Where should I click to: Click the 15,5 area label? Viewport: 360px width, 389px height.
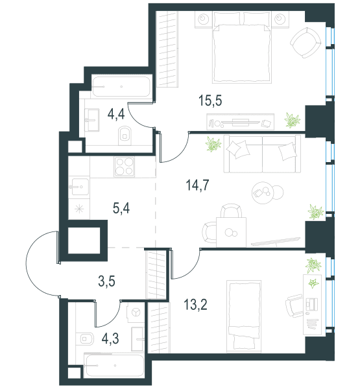210,101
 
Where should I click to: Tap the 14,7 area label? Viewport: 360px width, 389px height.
197,185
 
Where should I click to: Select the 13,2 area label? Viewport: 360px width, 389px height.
195,305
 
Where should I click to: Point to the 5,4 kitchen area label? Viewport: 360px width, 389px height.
121,208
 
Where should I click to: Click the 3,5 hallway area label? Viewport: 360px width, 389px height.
106,281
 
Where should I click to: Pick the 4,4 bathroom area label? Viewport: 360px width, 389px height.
116,115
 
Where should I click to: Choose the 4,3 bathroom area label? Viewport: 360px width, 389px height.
110,338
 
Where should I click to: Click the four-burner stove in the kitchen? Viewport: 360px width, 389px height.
125,167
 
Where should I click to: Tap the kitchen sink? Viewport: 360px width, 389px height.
78,187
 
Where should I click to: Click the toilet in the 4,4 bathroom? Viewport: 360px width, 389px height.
125,136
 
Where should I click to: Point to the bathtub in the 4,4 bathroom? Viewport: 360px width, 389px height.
121,87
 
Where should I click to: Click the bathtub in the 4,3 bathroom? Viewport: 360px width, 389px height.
114,365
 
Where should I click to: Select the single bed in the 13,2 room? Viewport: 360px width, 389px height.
244,316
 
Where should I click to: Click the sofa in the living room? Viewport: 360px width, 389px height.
262,154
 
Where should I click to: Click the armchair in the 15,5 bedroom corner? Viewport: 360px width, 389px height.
306,42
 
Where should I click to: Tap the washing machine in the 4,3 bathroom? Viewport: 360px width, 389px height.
136,312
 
